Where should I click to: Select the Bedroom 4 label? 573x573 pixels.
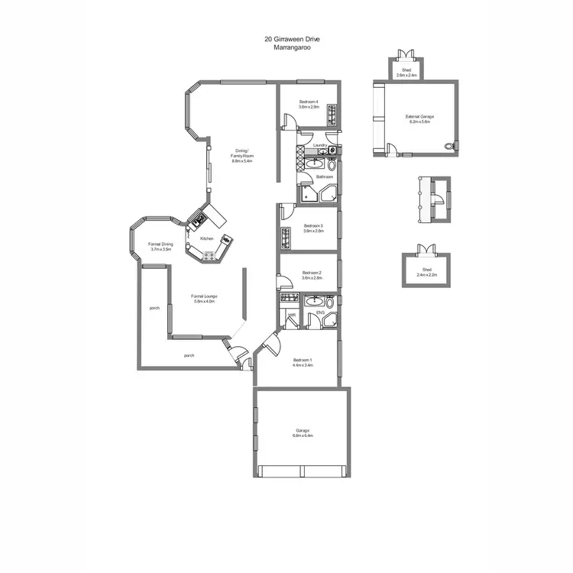click(309, 102)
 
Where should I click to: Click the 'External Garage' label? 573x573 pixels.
click(419, 117)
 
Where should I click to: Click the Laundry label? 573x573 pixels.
click(320, 145)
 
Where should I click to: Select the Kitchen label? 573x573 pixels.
click(206, 239)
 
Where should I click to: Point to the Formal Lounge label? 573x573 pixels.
click(202, 296)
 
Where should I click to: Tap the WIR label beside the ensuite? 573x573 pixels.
click(292, 312)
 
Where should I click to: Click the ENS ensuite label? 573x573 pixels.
click(320, 312)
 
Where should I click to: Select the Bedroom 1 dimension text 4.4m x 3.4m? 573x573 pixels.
click(303, 365)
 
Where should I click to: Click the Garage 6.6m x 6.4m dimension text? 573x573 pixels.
click(302, 435)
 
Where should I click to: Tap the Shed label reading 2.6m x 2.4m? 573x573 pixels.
click(406, 76)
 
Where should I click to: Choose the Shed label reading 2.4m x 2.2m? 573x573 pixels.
click(427, 274)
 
